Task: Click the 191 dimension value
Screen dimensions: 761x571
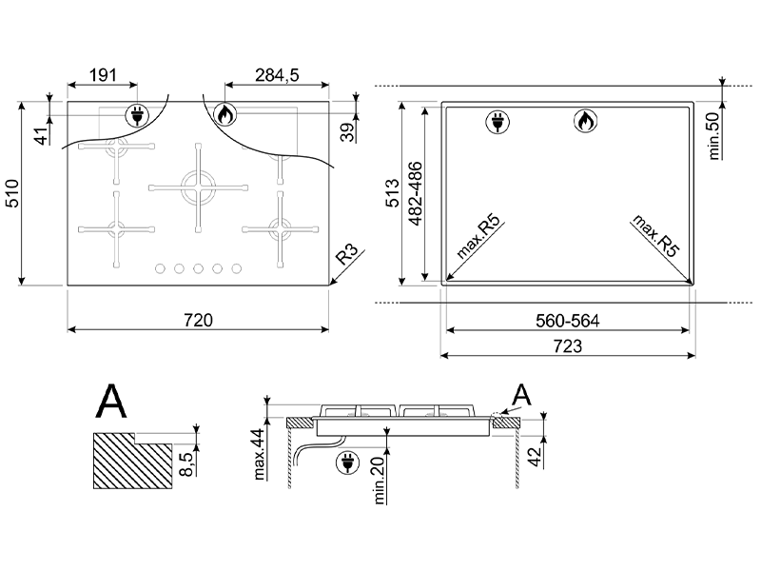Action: pos(103,75)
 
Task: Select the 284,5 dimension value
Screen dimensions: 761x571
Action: pos(277,75)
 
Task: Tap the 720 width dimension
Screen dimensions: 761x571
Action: pos(198,321)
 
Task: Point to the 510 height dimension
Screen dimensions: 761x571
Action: pos(11,193)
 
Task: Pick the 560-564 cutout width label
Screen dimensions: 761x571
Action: pos(567,321)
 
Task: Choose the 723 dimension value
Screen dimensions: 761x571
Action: pos(567,346)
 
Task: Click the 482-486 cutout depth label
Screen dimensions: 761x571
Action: pos(416,194)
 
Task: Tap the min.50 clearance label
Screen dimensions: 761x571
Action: pos(714,135)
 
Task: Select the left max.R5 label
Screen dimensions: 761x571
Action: pos(478,236)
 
